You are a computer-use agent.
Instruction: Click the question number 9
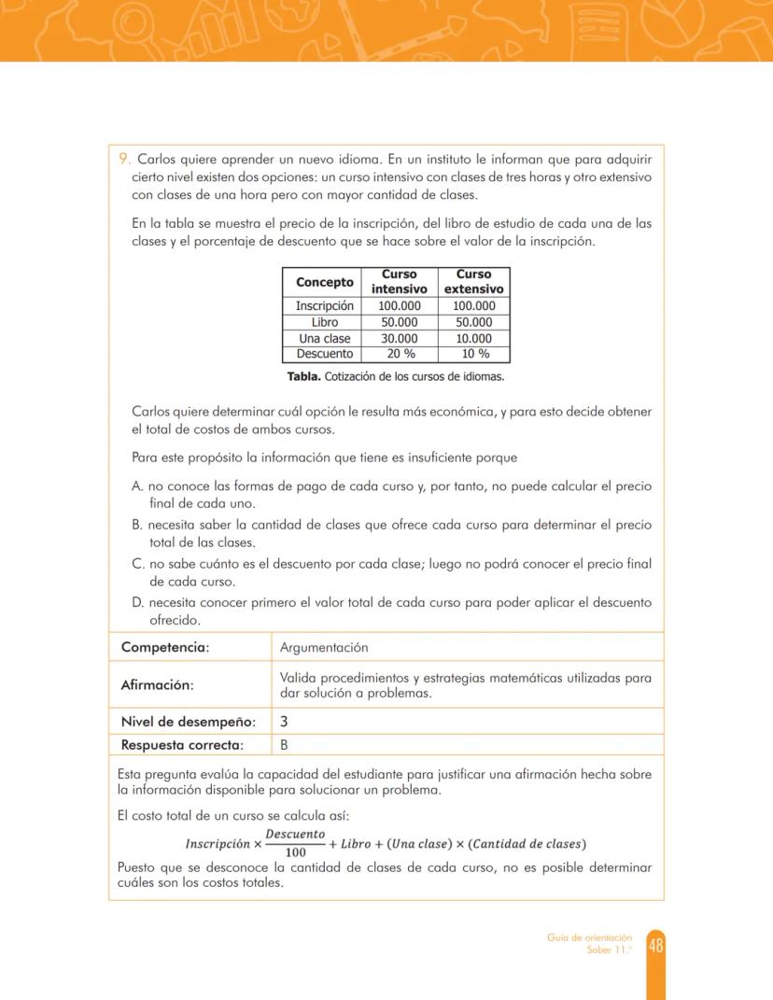click(x=125, y=159)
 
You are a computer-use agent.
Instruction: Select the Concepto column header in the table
click(x=324, y=282)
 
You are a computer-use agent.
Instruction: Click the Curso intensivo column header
click(x=400, y=281)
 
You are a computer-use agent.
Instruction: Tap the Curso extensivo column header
click(x=473, y=281)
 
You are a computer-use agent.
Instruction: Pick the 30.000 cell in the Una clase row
click(x=400, y=338)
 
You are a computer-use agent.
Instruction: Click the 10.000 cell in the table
click(x=473, y=338)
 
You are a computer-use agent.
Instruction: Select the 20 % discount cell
click(x=400, y=354)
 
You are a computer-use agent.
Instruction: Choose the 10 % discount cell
click(x=474, y=354)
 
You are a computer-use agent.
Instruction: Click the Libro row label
click(x=324, y=322)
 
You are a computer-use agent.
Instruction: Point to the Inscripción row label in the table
click(x=324, y=305)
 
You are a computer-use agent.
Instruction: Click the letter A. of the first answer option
click(x=138, y=486)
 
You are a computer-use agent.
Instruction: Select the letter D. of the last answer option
click(x=139, y=602)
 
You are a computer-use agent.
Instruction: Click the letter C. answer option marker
click(x=139, y=563)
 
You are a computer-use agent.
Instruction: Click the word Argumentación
click(x=323, y=647)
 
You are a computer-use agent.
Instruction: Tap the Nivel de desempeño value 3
click(x=284, y=721)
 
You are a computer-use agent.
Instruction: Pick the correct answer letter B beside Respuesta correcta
click(x=284, y=744)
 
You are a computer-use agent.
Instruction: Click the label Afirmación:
click(x=157, y=684)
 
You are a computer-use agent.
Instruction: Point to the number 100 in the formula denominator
click(x=295, y=852)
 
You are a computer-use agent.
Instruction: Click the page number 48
click(x=655, y=946)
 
